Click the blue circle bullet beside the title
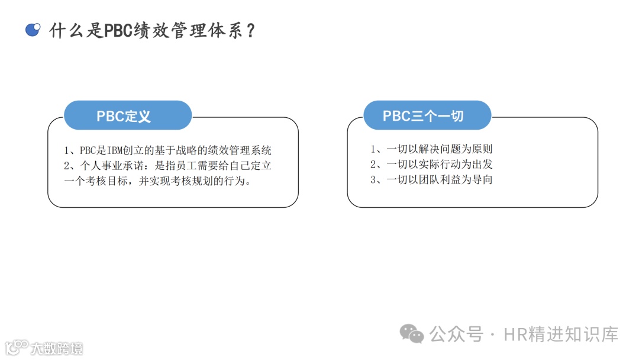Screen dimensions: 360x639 pos(33,29)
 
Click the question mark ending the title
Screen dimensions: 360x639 pos(250,30)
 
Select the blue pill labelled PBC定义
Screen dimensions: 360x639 pos(127,115)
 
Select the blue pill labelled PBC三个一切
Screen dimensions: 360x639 pos(427,115)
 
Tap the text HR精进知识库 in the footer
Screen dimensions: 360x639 pos(561,334)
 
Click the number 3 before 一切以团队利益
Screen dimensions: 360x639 pos(373,180)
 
